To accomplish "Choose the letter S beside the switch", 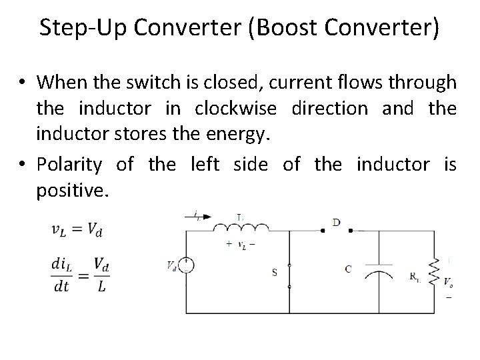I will click(274, 271).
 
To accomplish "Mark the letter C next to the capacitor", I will click(348, 269).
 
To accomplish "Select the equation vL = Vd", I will click(77, 230).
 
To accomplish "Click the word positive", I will click(71, 191).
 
